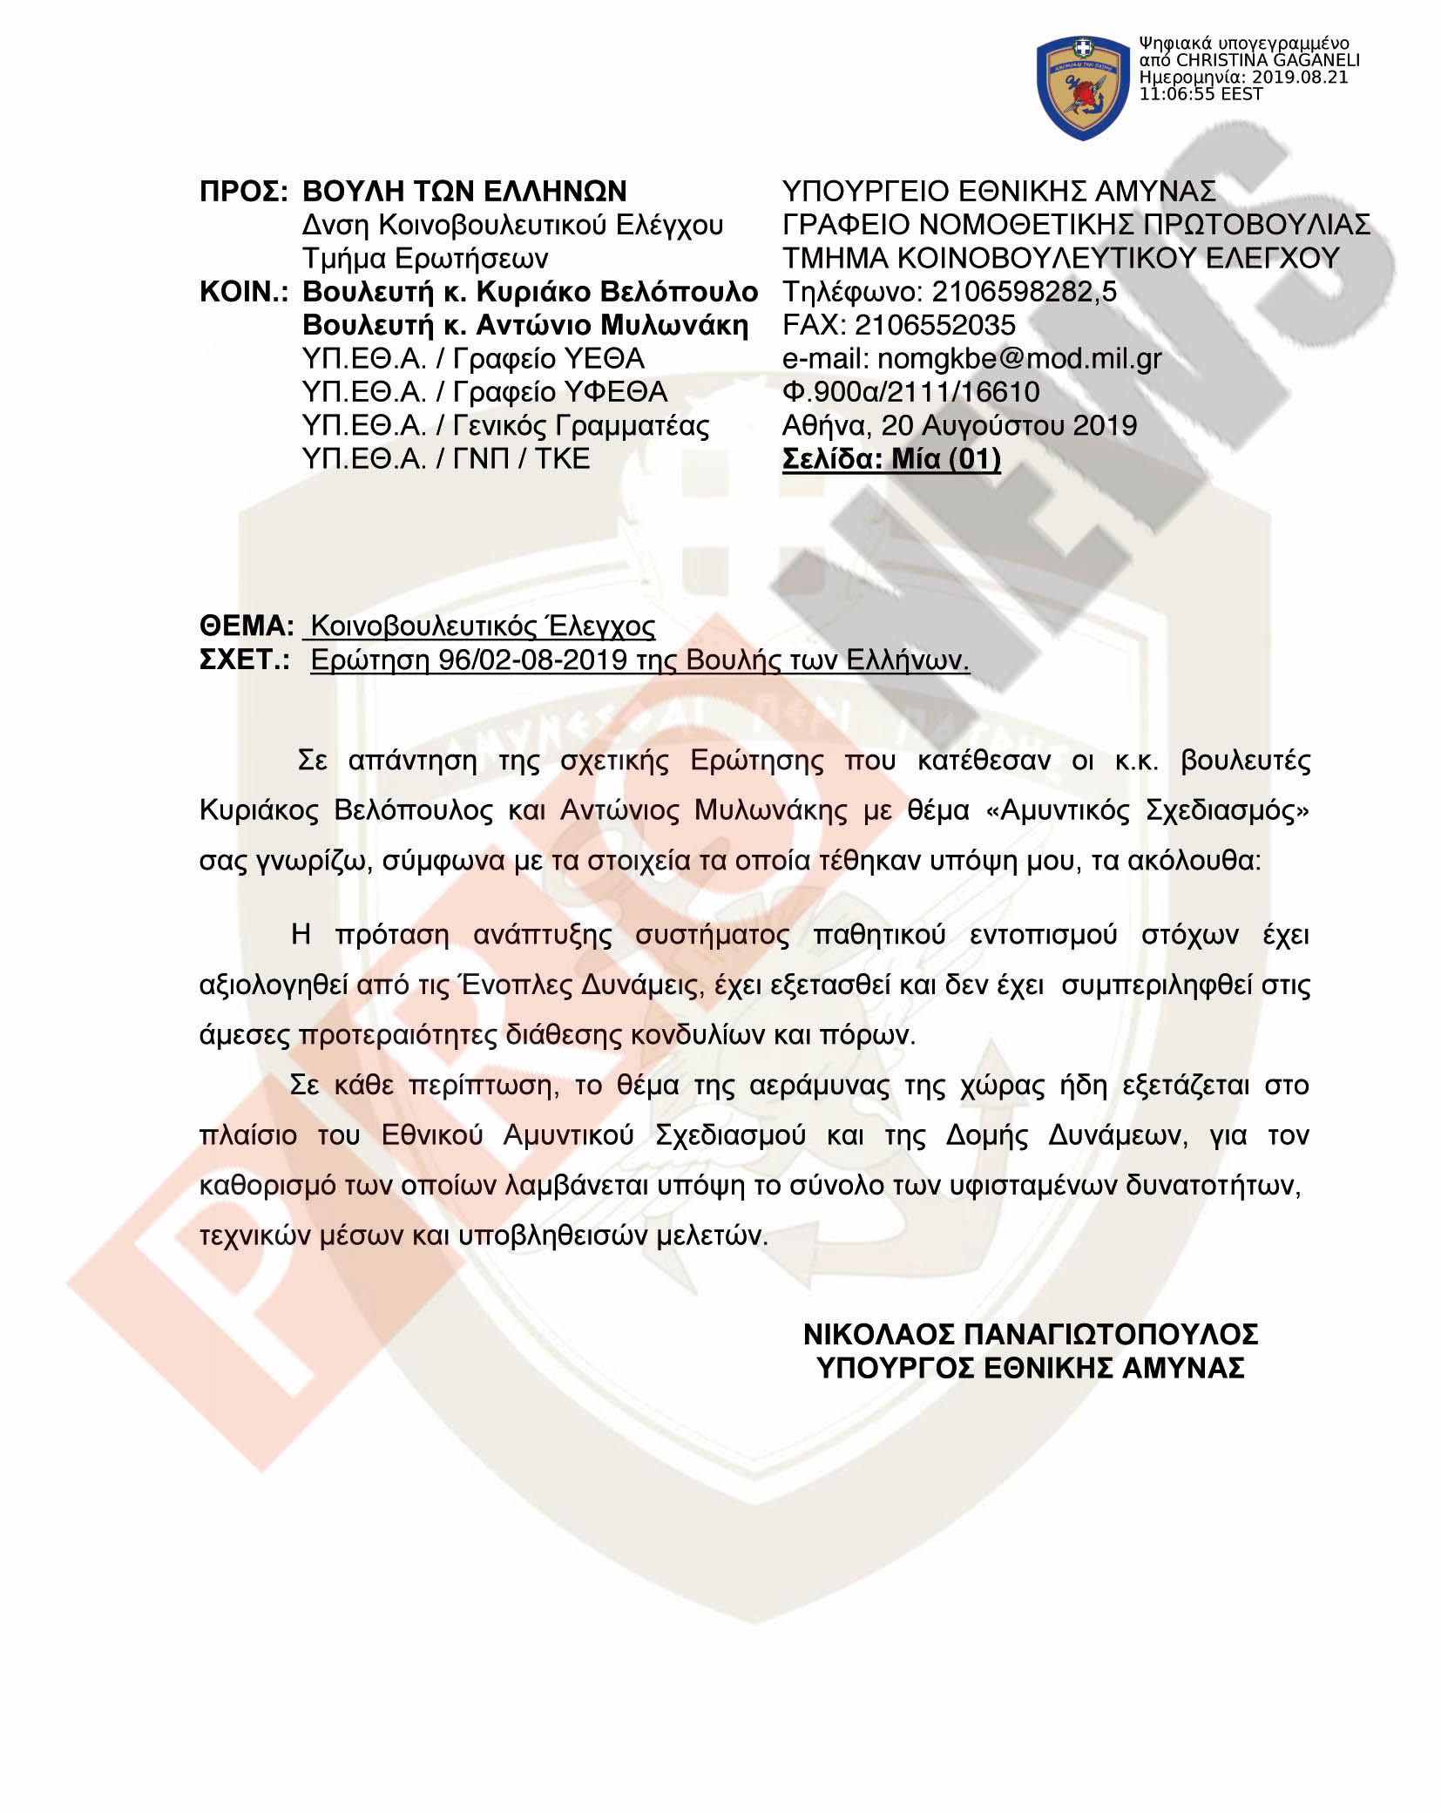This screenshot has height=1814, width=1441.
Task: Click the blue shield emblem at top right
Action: [1082, 87]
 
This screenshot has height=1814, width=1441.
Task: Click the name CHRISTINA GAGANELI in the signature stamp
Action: [1267, 60]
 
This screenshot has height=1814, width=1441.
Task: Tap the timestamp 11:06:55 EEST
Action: [1201, 94]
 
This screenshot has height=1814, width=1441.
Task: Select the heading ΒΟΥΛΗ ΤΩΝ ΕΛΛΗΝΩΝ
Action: [464, 191]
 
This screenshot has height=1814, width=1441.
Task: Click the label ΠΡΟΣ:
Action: [243, 191]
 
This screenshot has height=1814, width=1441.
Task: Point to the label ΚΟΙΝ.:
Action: [243, 292]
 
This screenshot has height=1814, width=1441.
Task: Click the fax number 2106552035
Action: [934, 325]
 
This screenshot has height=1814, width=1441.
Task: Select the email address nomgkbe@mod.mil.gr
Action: [1018, 359]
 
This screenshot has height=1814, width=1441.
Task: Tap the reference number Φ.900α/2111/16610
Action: [910, 392]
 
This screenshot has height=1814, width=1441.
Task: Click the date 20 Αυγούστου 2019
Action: [1009, 425]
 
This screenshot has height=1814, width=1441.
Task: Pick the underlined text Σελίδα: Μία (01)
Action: [891, 459]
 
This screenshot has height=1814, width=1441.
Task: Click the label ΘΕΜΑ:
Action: [247, 626]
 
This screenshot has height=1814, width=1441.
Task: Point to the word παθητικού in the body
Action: [879, 935]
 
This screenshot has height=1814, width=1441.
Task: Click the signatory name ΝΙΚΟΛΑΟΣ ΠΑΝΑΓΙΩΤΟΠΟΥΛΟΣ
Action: [1030, 1334]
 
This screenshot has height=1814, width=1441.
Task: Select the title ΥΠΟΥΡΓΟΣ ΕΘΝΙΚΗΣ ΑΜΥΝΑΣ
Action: [1030, 1368]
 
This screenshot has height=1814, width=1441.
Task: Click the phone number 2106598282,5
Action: [1024, 292]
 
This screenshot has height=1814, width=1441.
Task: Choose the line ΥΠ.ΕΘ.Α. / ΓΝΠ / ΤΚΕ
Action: [445, 459]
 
